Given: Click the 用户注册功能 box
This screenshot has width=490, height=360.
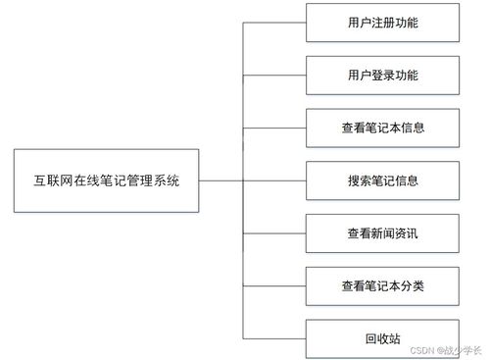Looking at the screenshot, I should [x=382, y=22].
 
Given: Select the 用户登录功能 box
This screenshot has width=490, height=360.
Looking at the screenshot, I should [x=382, y=75].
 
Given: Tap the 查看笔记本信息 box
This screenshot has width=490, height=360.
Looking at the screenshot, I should [x=382, y=128].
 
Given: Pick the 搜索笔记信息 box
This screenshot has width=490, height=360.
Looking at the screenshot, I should [x=382, y=180].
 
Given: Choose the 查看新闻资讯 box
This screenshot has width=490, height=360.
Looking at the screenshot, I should [x=382, y=233].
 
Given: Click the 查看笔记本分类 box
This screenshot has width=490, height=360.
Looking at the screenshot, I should [x=382, y=285].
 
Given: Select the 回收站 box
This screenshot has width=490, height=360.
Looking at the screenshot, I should [x=382, y=338].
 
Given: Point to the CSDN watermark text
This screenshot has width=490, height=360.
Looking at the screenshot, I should [x=446, y=348].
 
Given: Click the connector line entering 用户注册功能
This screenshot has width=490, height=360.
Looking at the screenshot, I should [x=274, y=22].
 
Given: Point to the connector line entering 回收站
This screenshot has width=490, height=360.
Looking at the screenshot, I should [x=274, y=338].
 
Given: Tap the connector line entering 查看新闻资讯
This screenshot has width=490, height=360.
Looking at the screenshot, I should [x=274, y=233].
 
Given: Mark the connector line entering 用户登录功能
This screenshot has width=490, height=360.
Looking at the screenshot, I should [x=274, y=75].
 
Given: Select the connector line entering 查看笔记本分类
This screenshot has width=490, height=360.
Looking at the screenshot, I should [x=274, y=285].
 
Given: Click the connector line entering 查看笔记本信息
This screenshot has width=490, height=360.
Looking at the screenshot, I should [x=274, y=128].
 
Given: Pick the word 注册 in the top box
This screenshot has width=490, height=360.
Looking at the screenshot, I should [x=382, y=22].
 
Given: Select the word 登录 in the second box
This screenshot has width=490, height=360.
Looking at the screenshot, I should [x=382, y=75].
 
